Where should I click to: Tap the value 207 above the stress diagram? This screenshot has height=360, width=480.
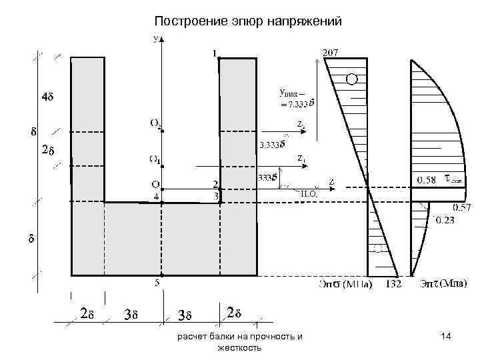330,52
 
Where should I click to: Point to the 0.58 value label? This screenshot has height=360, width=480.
427,179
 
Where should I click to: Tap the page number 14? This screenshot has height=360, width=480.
447,339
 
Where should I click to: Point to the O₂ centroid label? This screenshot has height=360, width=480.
154,123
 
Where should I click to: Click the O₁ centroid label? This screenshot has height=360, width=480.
154,159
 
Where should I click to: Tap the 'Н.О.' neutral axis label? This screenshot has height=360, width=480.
310,193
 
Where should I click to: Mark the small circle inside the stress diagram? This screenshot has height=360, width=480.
351,79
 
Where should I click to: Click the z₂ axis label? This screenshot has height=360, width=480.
301,124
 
